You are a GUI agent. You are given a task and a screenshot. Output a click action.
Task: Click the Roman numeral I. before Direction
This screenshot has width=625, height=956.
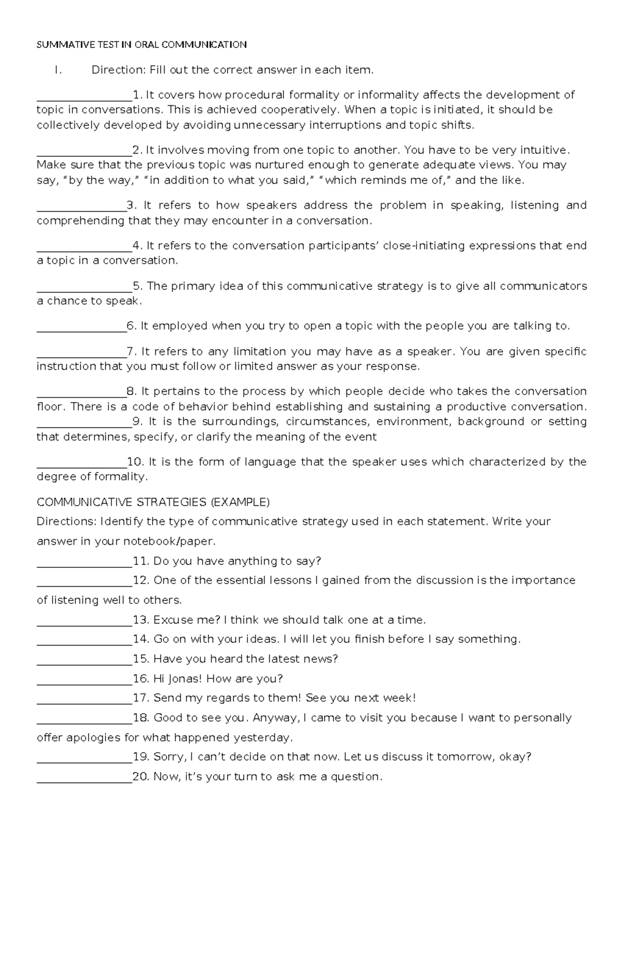coord(58,70)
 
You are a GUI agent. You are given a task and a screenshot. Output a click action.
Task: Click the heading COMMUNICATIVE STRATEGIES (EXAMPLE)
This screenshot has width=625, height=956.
coord(153,502)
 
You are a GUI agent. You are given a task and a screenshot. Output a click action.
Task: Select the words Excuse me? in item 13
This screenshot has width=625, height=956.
coord(187,620)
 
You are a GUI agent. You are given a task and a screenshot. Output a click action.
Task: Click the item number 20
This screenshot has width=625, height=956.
coord(141,777)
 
